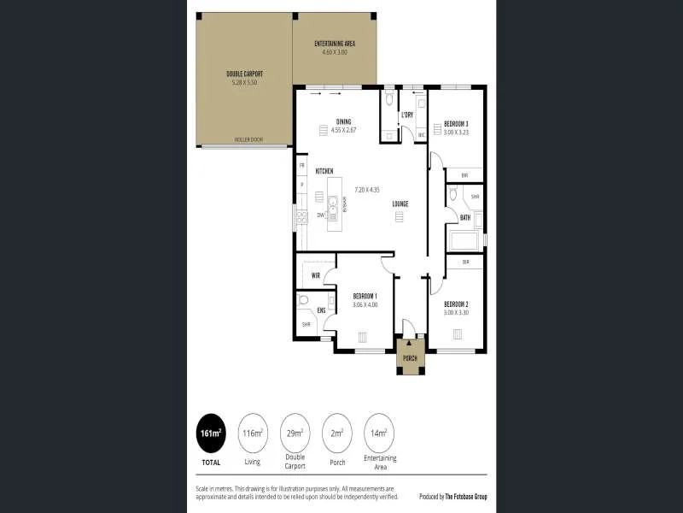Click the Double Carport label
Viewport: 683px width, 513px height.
coord(243,74)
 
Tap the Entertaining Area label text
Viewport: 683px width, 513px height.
coord(335,43)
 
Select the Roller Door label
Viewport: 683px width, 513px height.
coord(248,139)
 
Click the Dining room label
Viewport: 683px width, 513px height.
coord(343,121)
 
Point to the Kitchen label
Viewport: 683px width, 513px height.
coord(324,171)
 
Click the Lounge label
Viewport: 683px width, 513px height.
coord(400,203)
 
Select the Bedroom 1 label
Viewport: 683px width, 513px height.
coord(365,296)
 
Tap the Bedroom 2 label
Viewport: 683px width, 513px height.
coord(456,304)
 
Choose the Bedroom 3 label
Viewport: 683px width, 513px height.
coord(456,124)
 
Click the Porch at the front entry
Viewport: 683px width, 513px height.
coord(410,357)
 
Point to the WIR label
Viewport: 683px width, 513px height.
coord(315,275)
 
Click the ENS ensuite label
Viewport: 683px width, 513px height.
coord(321,310)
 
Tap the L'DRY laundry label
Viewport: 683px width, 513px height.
coord(407,115)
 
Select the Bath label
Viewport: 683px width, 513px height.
coord(465,217)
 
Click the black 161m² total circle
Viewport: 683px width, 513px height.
coord(211,433)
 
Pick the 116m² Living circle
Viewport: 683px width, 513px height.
coord(253,433)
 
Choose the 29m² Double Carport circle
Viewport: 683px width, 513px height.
coord(295,433)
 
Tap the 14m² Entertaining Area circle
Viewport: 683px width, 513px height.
coord(379,433)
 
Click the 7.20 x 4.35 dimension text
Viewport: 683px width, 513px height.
coord(367,189)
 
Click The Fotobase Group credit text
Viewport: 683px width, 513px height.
coord(465,496)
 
